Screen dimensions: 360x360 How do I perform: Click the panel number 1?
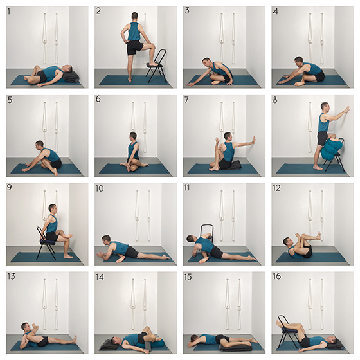[9, 12]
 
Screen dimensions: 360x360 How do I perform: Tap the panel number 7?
[186, 100]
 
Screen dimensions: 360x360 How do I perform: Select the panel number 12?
[276, 188]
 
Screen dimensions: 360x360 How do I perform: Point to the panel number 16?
[277, 276]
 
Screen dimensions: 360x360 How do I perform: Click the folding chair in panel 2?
[157, 66]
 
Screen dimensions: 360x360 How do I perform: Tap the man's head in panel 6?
[133, 136]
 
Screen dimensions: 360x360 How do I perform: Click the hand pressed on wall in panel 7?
[253, 141]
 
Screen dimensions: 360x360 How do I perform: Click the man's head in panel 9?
[52, 208]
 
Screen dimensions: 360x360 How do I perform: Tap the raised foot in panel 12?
[318, 236]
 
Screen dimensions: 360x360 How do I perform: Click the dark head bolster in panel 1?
[71, 76]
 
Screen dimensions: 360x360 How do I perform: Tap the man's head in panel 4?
[298, 61]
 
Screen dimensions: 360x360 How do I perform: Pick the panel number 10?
[100, 188]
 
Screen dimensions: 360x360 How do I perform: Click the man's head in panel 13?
[25, 327]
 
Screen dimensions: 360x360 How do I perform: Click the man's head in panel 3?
[206, 62]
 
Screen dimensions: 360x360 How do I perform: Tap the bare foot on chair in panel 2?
[153, 64]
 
